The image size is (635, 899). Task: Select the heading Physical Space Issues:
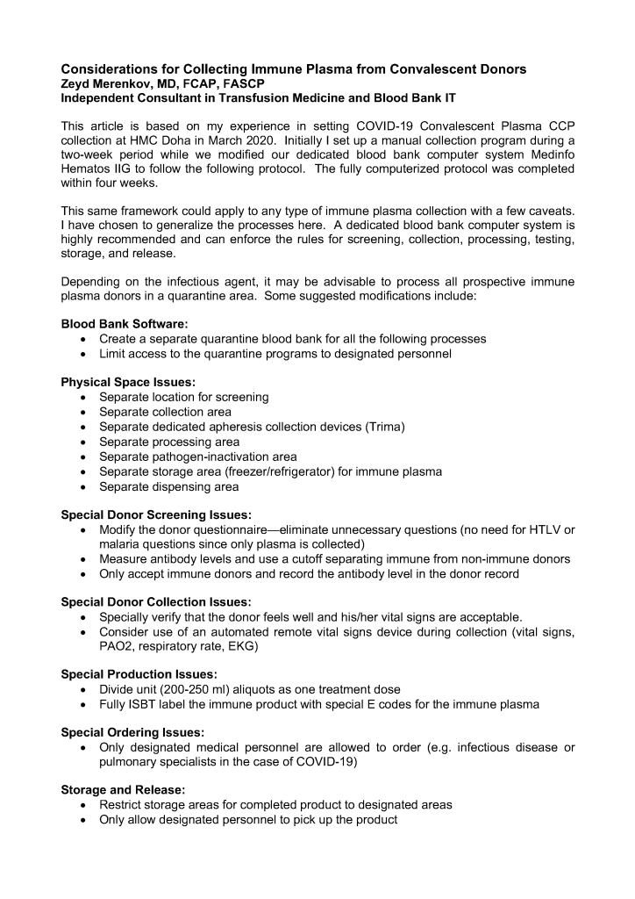pos(121,383)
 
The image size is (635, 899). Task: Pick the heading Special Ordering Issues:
pos(132,732)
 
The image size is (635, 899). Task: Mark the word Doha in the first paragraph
pos(175,140)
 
